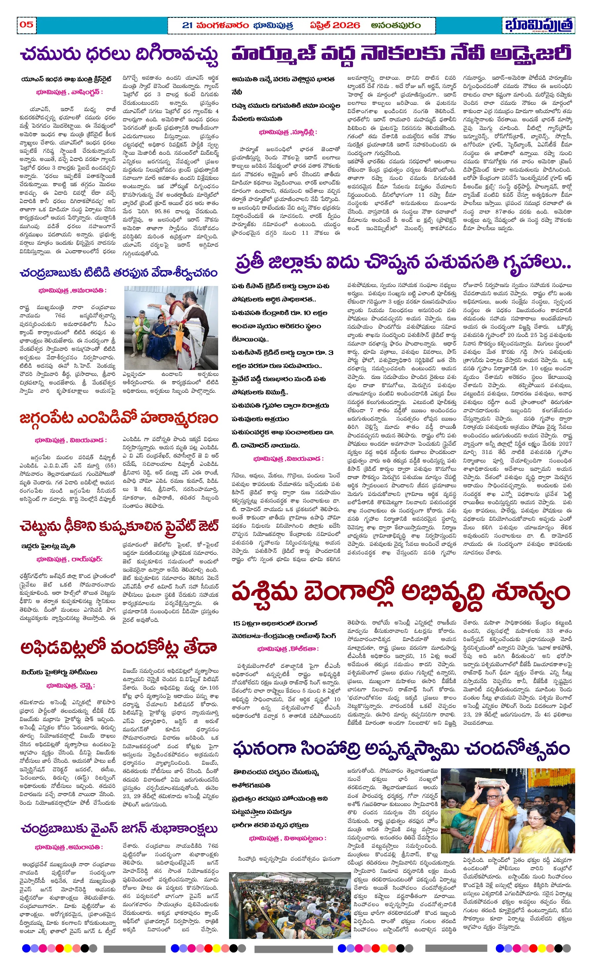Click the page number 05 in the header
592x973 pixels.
[x=26, y=24]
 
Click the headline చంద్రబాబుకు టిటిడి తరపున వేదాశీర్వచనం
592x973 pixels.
[x=118, y=273]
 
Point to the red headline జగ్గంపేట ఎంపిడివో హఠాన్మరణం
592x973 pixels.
[x=118, y=418]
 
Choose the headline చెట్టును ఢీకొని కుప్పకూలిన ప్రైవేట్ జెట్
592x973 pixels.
[x=118, y=526]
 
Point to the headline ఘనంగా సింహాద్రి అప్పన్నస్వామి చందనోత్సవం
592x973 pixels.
[x=401, y=749]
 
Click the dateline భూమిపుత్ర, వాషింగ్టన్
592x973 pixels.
[x=69, y=92]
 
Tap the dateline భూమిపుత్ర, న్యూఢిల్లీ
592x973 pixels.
[x=288, y=132]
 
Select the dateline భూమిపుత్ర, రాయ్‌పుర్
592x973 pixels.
[x=69, y=559]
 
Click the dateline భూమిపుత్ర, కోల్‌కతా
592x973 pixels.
[x=288, y=649]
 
